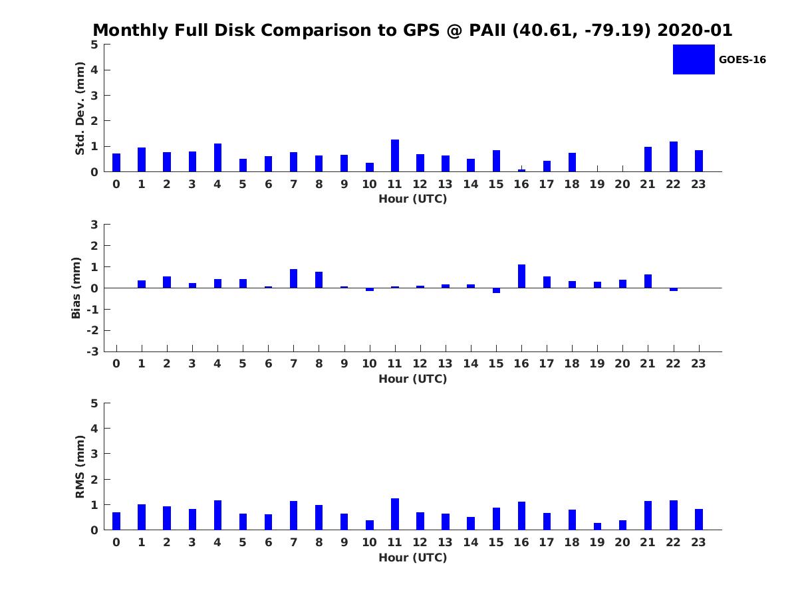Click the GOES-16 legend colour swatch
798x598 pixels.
click(x=694, y=59)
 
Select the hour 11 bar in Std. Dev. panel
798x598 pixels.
click(x=395, y=155)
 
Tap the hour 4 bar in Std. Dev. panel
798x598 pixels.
click(x=217, y=157)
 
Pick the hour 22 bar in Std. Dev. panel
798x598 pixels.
click(x=674, y=157)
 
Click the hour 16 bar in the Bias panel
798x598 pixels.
click(x=521, y=276)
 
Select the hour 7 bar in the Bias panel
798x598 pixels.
click(x=293, y=278)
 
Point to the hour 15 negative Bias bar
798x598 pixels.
click(x=496, y=290)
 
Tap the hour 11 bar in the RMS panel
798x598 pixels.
click(x=395, y=514)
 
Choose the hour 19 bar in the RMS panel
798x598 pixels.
click(x=597, y=526)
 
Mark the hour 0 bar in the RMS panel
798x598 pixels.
click(x=116, y=521)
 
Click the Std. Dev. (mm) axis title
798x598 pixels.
click(x=80, y=108)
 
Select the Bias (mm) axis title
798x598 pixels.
click(x=76, y=288)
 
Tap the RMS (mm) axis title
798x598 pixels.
click(x=80, y=466)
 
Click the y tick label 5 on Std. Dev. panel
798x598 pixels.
click(x=95, y=45)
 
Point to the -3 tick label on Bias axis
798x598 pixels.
click(x=92, y=351)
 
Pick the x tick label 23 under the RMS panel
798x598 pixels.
click(x=698, y=542)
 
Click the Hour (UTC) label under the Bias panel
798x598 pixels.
click(x=412, y=379)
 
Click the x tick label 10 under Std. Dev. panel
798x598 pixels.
click(x=369, y=184)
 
